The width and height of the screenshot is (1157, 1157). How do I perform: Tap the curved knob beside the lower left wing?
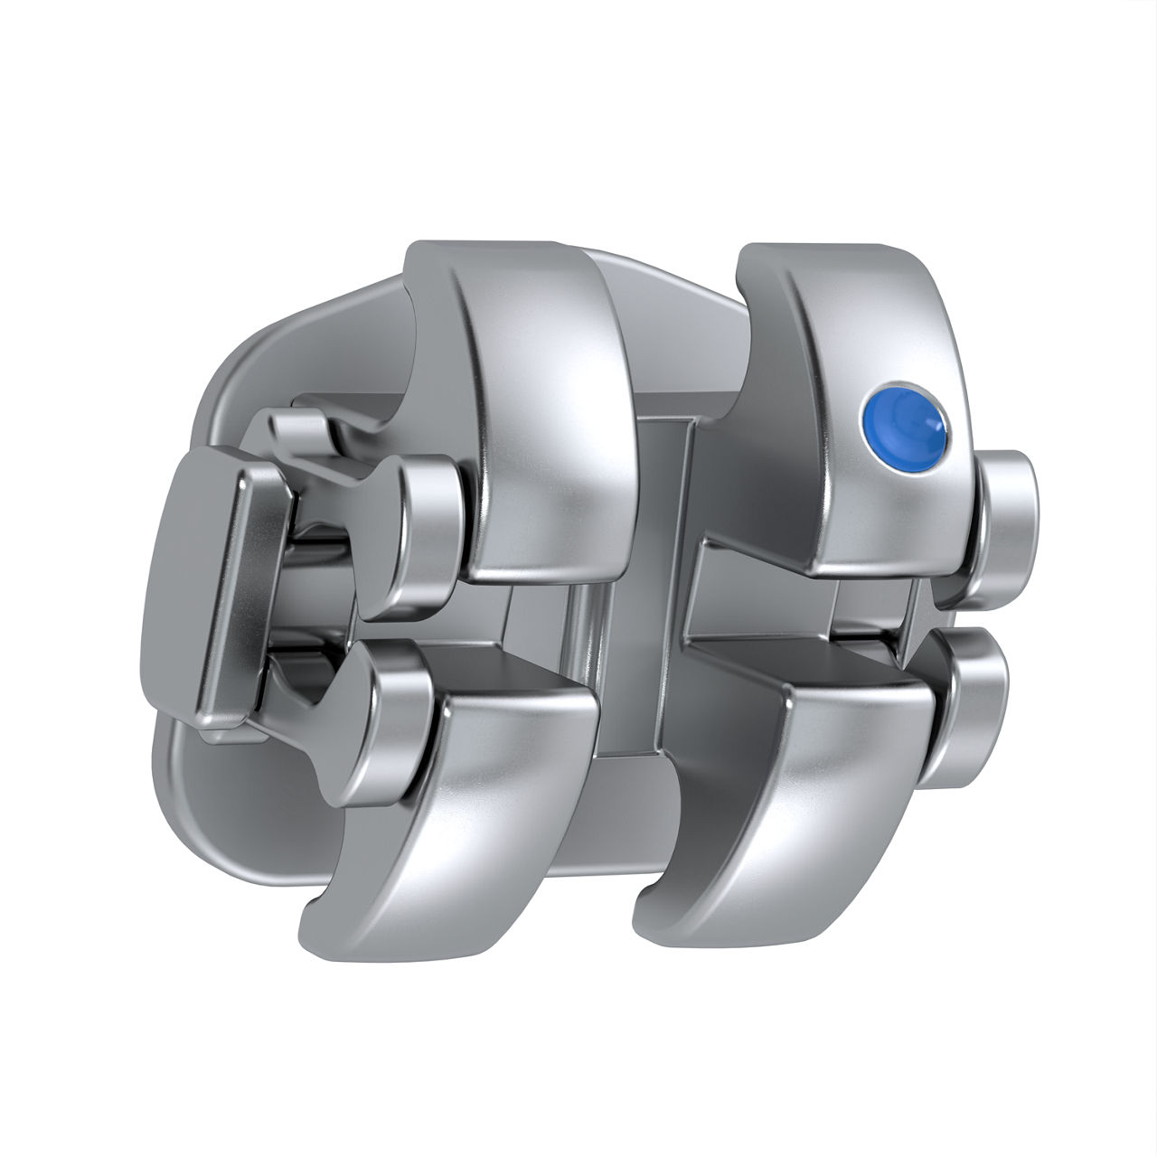(x=389, y=714)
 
